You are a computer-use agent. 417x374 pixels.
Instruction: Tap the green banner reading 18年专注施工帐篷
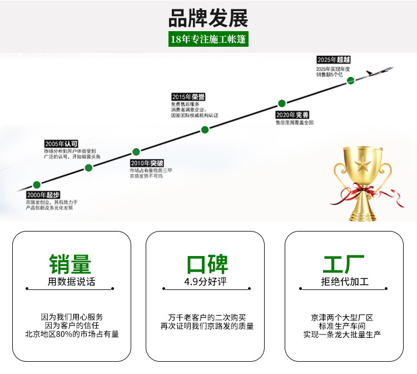click(x=208, y=40)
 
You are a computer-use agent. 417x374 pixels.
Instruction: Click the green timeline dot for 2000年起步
click(x=37, y=184)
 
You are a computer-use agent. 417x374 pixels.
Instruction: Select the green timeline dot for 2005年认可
click(x=88, y=168)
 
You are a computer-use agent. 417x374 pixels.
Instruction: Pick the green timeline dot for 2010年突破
click(x=136, y=151)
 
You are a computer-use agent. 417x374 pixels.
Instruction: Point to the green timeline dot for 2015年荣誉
click(x=205, y=130)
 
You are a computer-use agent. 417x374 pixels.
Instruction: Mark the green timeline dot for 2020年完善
click(x=282, y=103)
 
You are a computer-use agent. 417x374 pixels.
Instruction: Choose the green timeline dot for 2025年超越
click(x=351, y=80)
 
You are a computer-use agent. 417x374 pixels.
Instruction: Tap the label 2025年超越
click(x=334, y=60)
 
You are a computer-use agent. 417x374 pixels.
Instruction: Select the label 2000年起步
click(x=43, y=195)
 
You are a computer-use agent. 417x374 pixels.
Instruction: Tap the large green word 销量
click(x=71, y=264)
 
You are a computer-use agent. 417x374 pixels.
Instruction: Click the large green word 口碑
click(x=207, y=264)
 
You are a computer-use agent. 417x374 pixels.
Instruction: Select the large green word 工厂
click(x=344, y=264)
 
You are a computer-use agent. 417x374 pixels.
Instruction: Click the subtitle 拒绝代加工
click(x=345, y=282)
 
